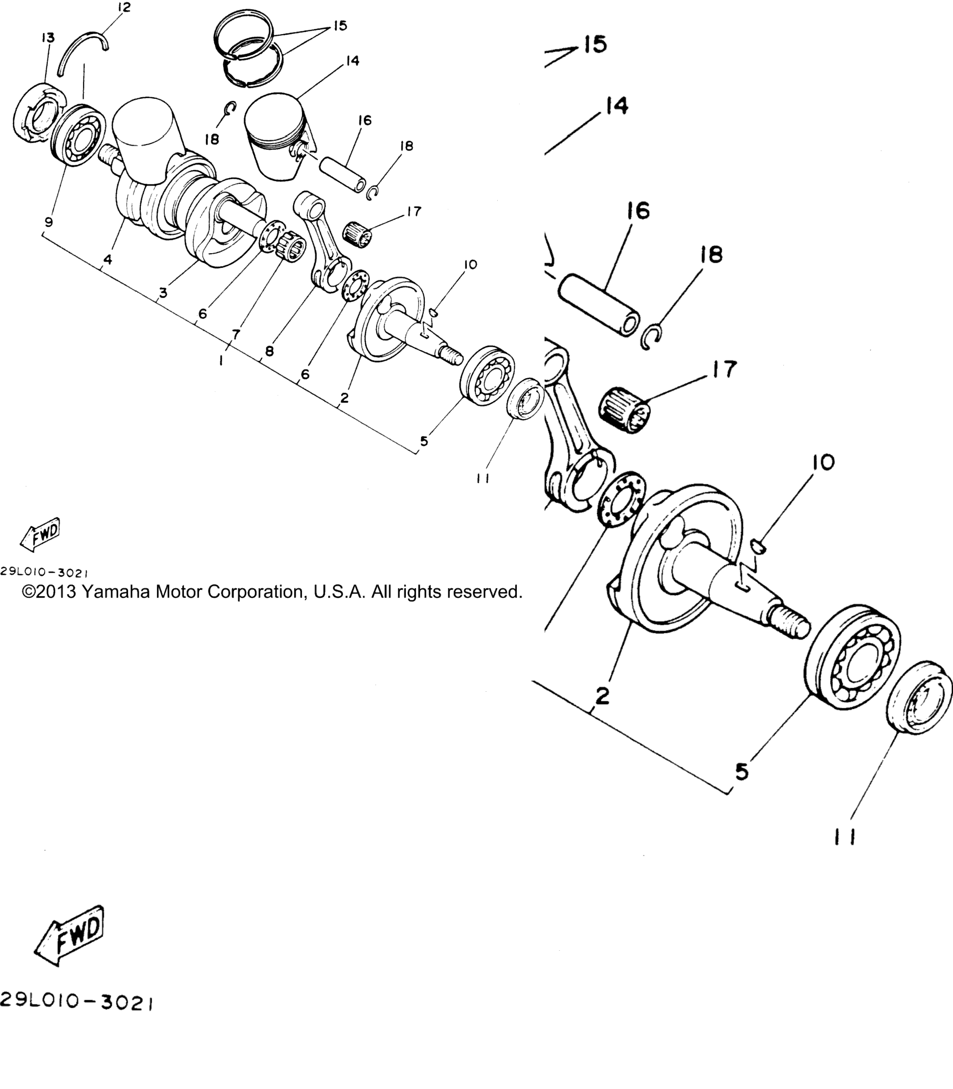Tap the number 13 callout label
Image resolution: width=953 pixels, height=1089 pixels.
tap(48, 38)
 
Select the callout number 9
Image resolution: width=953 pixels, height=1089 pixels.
tap(49, 222)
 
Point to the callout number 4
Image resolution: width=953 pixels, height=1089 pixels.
tap(108, 259)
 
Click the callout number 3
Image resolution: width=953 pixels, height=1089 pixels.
tap(163, 292)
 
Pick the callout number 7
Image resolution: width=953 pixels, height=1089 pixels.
tap(236, 334)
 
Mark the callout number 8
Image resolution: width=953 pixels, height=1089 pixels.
tap(270, 351)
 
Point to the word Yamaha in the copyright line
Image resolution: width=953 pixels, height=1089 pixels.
tap(115, 591)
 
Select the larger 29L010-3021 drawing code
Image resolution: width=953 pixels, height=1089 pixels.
tap(77, 1001)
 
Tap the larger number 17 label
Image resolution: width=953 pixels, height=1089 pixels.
tap(724, 369)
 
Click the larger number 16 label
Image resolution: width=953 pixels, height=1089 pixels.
tap(638, 211)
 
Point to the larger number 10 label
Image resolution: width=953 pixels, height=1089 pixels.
tap(823, 462)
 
